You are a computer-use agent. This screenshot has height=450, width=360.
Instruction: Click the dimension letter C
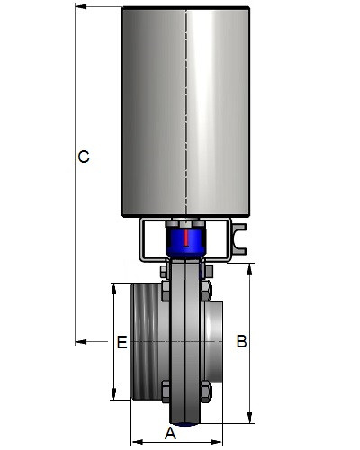click(x=84, y=157)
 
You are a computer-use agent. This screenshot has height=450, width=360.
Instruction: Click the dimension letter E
click(x=121, y=342)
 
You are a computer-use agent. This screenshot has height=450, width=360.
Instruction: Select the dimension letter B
click(x=241, y=341)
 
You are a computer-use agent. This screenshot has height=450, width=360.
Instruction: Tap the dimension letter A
click(x=170, y=434)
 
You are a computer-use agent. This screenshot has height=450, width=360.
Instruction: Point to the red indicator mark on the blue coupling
click(x=186, y=238)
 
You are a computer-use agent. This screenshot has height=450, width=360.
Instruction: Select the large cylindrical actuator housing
click(x=186, y=111)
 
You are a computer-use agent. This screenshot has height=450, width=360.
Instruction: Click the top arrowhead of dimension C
click(x=81, y=6)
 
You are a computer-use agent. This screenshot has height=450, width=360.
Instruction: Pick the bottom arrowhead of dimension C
click(x=81, y=342)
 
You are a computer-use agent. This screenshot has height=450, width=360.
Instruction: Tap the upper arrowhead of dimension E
click(x=113, y=289)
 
